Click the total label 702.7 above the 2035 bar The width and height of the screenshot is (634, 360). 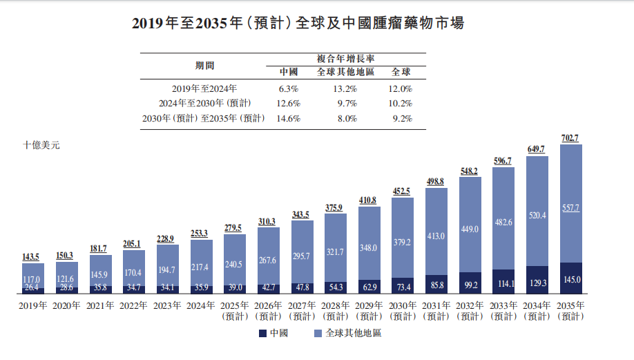tap(570, 138)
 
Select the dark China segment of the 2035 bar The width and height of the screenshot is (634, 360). tap(570, 278)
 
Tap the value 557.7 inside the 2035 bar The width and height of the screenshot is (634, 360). tap(570, 207)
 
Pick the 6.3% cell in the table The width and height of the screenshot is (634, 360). tap(288, 88)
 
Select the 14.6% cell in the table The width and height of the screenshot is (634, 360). tap(288, 118)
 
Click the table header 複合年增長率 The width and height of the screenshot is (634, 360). tap(345, 59)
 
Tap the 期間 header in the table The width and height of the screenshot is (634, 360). tap(205, 66)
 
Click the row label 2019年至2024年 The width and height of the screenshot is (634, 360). tap(204, 88)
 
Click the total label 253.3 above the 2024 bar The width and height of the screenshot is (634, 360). tap(201, 234)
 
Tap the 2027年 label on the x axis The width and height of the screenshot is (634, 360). tap(301, 305)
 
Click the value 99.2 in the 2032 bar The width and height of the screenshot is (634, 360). tap(470, 284)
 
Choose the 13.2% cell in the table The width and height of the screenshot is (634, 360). tap(345, 88)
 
